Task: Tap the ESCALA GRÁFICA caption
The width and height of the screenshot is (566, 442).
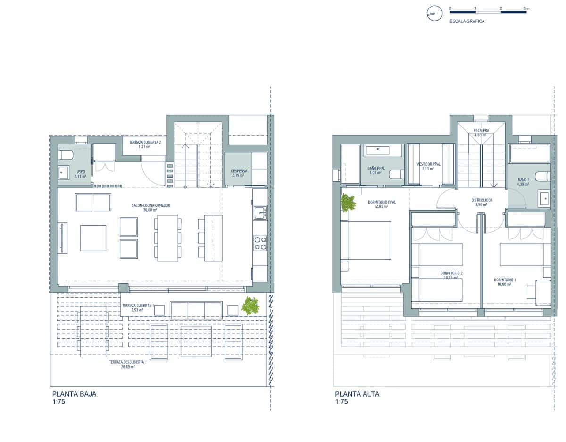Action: click(467, 21)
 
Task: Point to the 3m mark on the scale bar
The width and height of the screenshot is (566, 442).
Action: click(526, 8)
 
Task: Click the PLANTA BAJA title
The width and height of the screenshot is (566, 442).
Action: click(74, 394)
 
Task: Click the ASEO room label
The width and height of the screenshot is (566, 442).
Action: click(81, 172)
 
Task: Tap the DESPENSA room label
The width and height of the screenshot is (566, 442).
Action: click(239, 171)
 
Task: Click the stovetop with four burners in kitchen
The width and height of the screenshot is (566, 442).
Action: click(260, 243)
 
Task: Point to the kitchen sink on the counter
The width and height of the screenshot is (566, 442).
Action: click(260, 213)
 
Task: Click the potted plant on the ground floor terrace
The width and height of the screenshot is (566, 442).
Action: click(250, 306)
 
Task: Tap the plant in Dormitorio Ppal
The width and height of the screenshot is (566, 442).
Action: click(348, 203)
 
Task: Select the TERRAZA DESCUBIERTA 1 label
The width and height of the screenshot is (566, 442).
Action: click(128, 362)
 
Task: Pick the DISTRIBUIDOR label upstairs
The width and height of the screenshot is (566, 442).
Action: click(482, 200)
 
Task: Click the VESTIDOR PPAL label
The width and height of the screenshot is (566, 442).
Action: click(428, 164)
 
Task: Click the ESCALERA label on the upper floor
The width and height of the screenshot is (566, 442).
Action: click(482, 130)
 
